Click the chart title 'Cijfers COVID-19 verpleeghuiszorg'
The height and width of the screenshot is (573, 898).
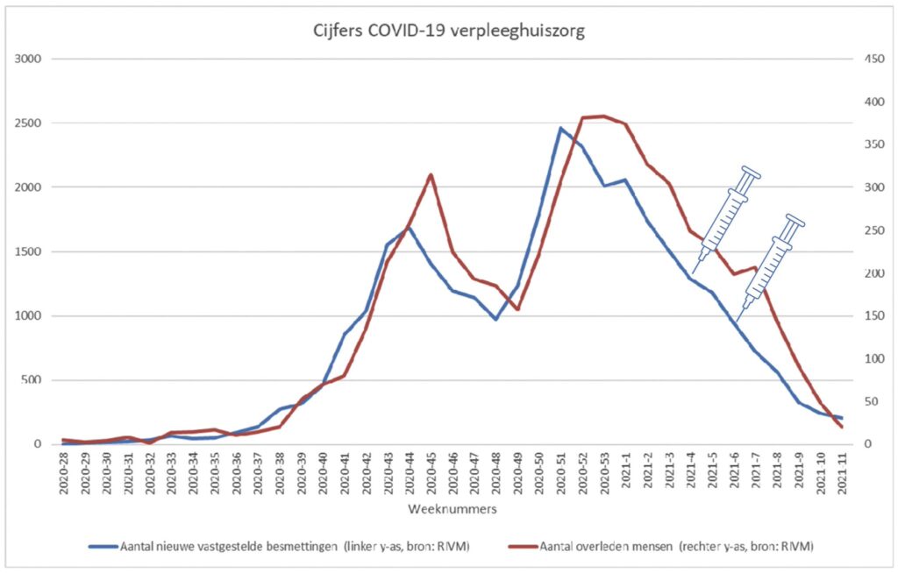click(449, 32)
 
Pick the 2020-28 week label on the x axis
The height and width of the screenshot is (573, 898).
click(64, 474)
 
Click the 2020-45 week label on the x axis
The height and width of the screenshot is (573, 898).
click(431, 474)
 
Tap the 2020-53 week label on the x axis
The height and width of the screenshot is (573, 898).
click(603, 474)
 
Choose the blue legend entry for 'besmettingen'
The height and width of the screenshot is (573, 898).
click(281, 546)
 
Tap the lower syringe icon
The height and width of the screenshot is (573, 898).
click(769, 265)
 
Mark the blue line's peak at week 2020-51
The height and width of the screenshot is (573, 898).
click(560, 128)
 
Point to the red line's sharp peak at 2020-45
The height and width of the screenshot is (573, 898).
click(431, 174)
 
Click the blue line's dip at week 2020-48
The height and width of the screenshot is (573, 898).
click(495, 319)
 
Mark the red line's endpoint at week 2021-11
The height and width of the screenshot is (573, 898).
click(841, 427)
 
